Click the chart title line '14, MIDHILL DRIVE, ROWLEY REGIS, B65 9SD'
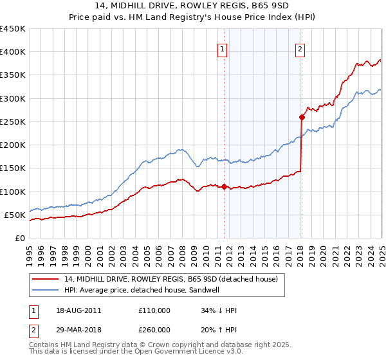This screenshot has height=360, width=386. (193, 6)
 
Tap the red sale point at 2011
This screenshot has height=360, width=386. (224, 187)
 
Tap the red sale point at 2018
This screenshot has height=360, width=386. (302, 117)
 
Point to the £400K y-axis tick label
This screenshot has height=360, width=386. (13, 52)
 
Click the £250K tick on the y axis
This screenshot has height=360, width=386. (13, 122)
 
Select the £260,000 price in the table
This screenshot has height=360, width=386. (154, 329)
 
